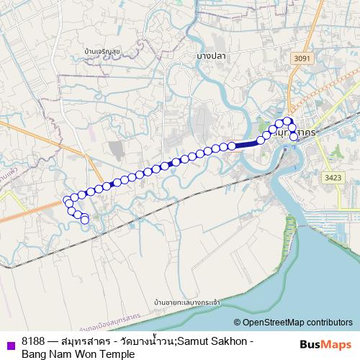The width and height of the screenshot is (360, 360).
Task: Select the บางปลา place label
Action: pos(212,55)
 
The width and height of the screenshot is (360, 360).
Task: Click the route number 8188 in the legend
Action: pos(34,341)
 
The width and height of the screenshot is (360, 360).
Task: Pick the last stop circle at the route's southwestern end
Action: pos(85,219)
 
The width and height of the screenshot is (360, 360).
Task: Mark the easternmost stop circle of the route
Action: pos(294,136)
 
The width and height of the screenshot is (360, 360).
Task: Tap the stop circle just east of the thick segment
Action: pos(261,140)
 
